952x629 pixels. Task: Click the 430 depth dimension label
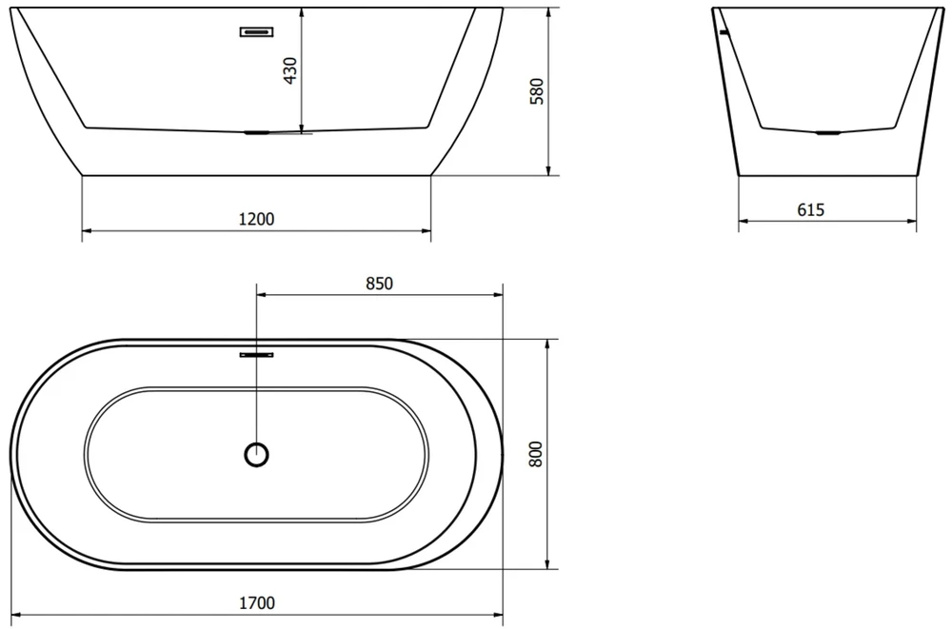point(291,70)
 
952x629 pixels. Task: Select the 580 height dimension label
point(537,91)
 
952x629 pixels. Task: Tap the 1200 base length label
point(256,219)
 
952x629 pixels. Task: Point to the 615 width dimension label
point(810,210)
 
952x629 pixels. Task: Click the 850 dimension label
point(380,284)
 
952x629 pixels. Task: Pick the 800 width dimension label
point(535,454)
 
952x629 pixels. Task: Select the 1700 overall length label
point(256,603)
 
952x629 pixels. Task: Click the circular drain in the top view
point(256,454)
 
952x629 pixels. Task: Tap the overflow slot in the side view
point(256,31)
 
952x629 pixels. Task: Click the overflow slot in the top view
point(256,355)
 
